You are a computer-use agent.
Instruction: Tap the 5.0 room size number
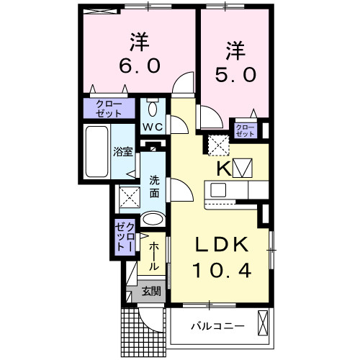tap(235, 75)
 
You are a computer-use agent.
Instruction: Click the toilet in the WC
tap(153, 108)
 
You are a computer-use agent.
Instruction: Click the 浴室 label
tap(122, 152)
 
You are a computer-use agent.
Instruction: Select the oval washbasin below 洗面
tap(152, 220)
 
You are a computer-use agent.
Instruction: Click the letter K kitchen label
tap(223, 168)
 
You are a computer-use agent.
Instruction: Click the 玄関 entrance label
tap(150, 292)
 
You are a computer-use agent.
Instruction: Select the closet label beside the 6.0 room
tap(109, 109)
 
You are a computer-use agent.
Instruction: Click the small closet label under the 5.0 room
tap(246, 130)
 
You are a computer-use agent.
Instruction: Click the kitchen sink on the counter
tap(218, 191)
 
